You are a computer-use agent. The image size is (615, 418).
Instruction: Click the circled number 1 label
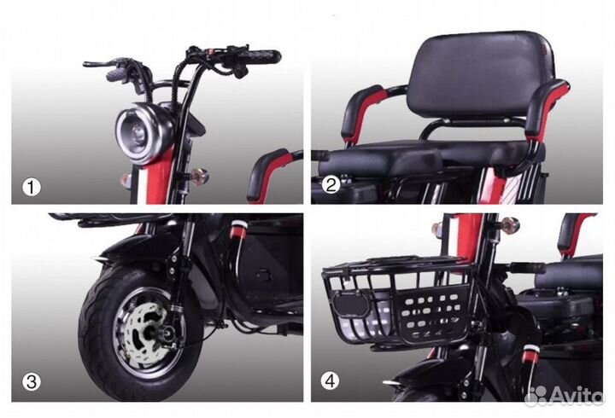pyautogui.click(x=31, y=187)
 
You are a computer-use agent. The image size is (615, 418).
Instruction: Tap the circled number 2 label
pyautogui.click(x=331, y=184)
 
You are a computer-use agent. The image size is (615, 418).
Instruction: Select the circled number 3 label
pyautogui.click(x=31, y=380)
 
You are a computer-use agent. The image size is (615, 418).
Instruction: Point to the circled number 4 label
pyautogui.click(x=330, y=380)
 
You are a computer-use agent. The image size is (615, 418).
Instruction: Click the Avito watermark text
pyautogui.click(x=577, y=396)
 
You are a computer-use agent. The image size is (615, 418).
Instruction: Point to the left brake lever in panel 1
pyautogui.click(x=100, y=63)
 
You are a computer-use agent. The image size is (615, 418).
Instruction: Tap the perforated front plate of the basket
pyautogui.click(x=430, y=312)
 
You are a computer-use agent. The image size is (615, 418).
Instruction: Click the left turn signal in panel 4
pyautogui.click(x=437, y=227)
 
